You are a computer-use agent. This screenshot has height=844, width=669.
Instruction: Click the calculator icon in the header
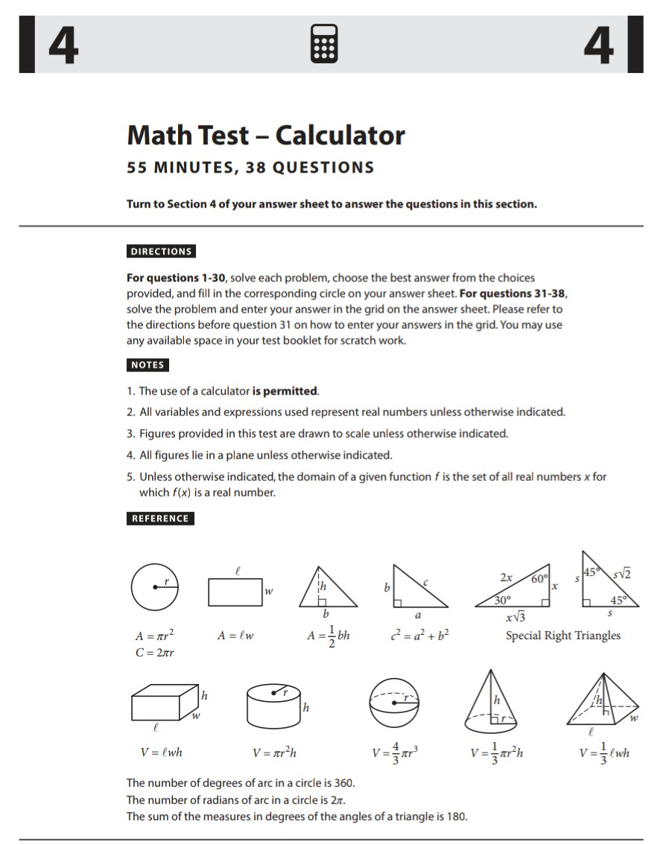click(x=326, y=45)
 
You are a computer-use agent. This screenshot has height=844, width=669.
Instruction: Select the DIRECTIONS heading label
click(x=161, y=252)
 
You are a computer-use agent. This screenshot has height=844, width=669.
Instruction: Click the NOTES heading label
click(x=148, y=365)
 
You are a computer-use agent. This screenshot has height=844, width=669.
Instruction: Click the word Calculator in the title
click(x=340, y=135)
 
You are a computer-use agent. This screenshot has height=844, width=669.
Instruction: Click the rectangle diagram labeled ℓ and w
click(x=235, y=592)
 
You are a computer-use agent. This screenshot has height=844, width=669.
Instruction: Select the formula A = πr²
click(x=155, y=637)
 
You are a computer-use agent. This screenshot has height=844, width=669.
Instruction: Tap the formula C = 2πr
click(x=155, y=653)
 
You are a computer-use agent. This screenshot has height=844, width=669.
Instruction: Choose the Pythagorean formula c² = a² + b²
click(x=419, y=636)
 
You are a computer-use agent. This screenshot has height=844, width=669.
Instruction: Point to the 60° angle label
click(x=539, y=578)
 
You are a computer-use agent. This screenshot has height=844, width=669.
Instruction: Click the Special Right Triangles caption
click(x=562, y=636)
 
